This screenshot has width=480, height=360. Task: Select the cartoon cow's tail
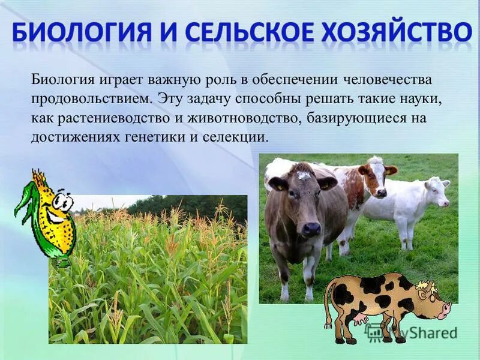point(328,306)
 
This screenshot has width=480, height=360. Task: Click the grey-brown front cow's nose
point(310,229)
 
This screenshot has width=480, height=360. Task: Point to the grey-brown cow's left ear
point(277,183)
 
